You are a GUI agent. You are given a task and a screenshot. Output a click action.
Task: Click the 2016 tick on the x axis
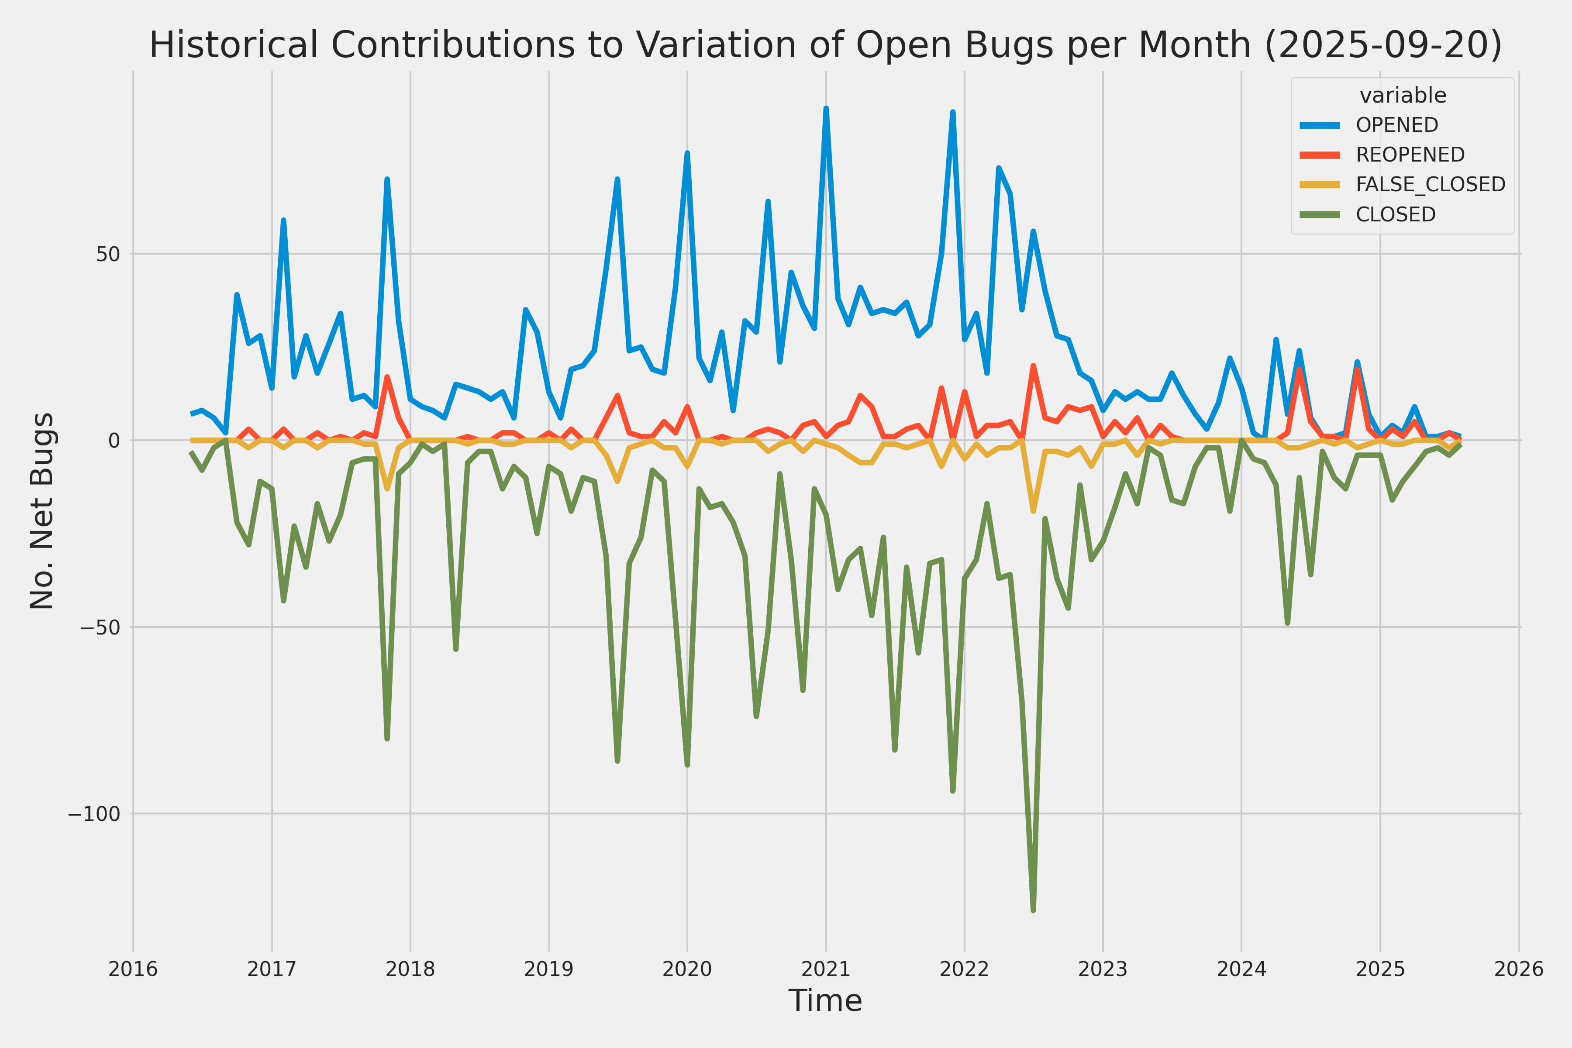click(x=133, y=969)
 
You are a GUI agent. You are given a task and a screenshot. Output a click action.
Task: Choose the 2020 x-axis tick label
click(x=687, y=969)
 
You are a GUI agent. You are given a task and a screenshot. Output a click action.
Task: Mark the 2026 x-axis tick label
click(x=1519, y=969)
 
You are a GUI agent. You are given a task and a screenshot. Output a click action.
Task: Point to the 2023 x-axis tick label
click(x=1103, y=969)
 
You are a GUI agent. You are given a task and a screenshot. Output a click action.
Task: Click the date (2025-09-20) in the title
click(x=1383, y=45)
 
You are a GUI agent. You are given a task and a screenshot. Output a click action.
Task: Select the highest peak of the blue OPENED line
click(x=826, y=108)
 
